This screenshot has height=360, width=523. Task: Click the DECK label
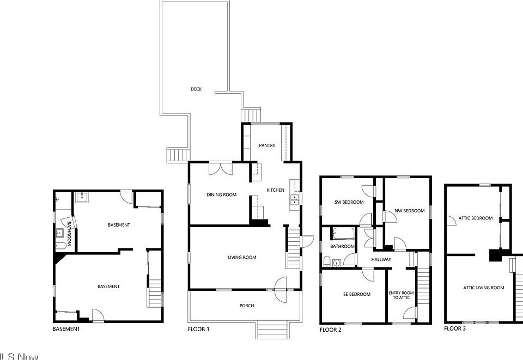pyautogui.click(x=196, y=89)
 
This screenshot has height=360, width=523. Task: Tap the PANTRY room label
pyautogui.click(x=267, y=145)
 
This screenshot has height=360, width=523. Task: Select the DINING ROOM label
pyautogui.click(x=221, y=194)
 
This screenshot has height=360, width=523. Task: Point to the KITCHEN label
pyautogui.click(x=275, y=190)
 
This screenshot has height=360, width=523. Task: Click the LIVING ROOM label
pyautogui.click(x=242, y=258)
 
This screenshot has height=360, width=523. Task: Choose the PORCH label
pyautogui.click(x=247, y=306)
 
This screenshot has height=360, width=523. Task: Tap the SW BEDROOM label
pyautogui.click(x=349, y=203)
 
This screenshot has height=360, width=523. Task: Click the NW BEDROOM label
pyautogui.click(x=409, y=211)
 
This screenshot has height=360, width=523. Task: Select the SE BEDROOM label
pyautogui.click(x=357, y=295)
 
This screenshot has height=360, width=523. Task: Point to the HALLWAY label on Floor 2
pyautogui.click(x=381, y=260)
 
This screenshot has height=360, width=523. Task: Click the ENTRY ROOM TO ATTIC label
pyautogui.click(x=401, y=295)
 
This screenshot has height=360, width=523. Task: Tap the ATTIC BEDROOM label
pyautogui.click(x=475, y=218)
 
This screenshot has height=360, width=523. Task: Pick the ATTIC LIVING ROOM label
pyautogui.click(x=483, y=288)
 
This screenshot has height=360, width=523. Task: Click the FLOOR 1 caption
pyautogui.click(x=198, y=330)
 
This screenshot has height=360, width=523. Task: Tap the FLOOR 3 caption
pyautogui.click(x=455, y=329)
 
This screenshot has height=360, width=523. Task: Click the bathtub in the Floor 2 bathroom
pyautogui.click(x=343, y=234)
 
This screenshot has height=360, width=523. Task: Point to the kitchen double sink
pyautogui.click(x=294, y=199)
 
